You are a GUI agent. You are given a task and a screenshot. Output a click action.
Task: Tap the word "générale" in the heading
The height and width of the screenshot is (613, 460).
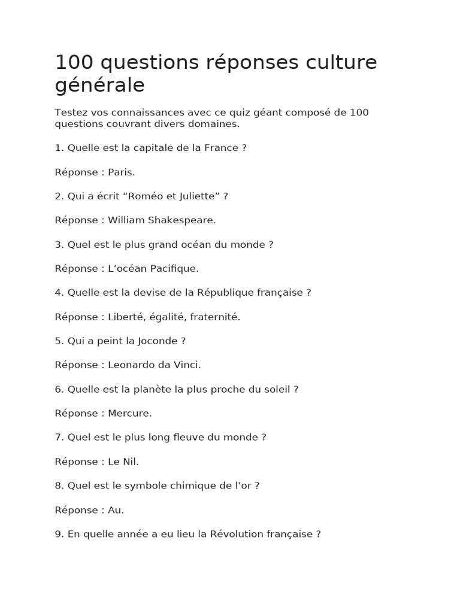pos(99,86)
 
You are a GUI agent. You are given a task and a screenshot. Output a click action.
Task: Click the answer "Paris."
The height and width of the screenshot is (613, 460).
pos(122,172)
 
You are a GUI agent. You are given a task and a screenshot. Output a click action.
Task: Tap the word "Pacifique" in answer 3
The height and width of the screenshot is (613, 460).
pos(176,269)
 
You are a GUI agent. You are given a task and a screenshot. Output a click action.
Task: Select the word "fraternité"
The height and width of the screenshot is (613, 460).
pos(214,317)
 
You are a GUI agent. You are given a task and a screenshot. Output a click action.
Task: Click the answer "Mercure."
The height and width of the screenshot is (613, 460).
pos(130,414)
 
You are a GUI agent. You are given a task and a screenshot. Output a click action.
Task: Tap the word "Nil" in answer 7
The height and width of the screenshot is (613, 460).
pos(132,462)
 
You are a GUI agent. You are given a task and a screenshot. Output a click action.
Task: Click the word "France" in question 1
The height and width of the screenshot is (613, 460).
pos(221,148)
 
